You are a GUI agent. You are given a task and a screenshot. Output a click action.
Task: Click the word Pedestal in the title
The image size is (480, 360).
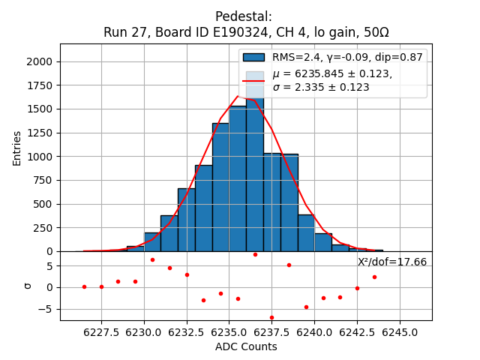click(x=243, y=16)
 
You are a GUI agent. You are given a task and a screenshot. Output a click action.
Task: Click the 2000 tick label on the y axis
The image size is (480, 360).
click(x=41, y=62)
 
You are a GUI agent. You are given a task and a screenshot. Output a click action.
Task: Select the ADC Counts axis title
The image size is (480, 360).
click(x=246, y=346)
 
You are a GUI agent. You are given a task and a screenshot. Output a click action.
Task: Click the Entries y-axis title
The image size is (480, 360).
click(x=17, y=148)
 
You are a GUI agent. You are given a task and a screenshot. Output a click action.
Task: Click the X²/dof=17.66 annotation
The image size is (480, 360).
click(x=392, y=262)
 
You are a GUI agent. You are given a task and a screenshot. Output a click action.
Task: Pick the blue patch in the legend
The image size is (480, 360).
click(x=254, y=57)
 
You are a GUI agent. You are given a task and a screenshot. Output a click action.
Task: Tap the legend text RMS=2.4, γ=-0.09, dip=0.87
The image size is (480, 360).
click(x=347, y=57)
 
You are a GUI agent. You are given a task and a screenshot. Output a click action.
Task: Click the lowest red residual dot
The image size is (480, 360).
click(x=271, y=317)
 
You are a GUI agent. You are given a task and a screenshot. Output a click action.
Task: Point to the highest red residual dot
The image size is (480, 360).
click(x=255, y=254)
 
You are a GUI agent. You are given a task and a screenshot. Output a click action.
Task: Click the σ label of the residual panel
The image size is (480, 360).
click(x=28, y=286)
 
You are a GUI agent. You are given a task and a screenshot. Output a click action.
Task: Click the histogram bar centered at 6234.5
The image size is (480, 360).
click(x=220, y=187)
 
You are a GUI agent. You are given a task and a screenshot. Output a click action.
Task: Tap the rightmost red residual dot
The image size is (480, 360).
click(x=374, y=277)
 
